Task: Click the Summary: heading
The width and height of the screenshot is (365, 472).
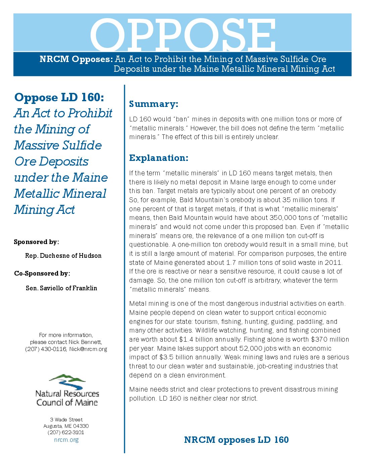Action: pyautogui.click(x=154, y=104)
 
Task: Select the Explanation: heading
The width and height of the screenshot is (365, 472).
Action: pyautogui.click(x=159, y=158)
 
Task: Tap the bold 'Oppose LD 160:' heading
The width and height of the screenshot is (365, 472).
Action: pyautogui.click(x=59, y=98)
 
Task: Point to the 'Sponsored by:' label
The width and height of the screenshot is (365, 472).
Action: pyautogui.click(x=36, y=242)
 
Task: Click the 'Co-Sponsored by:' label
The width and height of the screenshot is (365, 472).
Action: pyautogui.click(x=42, y=274)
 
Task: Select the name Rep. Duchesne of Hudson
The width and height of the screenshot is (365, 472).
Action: pyautogui.click(x=63, y=256)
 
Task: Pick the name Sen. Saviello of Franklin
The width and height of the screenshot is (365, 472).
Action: pyautogui.click(x=61, y=288)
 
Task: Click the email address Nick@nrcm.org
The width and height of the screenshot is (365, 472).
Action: pyautogui.click(x=88, y=349)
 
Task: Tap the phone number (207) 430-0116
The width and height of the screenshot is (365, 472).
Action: pyautogui.click(x=46, y=349)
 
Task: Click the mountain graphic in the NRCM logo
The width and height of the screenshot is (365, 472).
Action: pyautogui.click(x=67, y=380)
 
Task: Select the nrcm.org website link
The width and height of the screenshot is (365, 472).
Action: pyautogui.click(x=66, y=440)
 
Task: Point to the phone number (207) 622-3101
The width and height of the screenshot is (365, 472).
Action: pyautogui.click(x=66, y=432)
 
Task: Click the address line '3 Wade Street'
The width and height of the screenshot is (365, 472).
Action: pyautogui.click(x=66, y=420)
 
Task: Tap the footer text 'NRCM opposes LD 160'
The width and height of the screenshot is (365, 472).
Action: pyautogui.click(x=236, y=440)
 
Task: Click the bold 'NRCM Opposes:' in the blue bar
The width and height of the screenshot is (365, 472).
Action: pyautogui.click(x=76, y=59)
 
